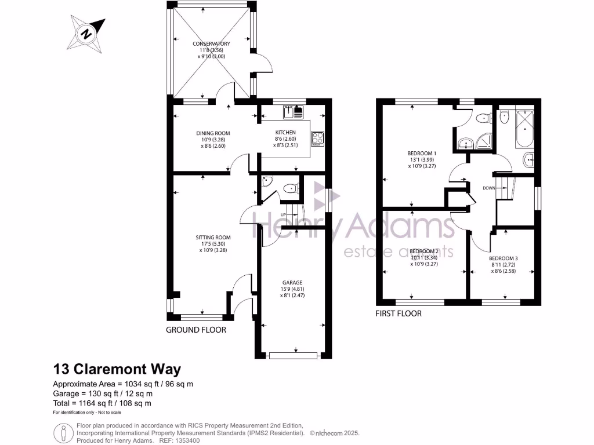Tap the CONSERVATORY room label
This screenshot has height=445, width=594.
point(212,44)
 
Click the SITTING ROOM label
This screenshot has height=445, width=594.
point(213,237)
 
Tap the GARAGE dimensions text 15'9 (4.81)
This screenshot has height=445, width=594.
point(296,289)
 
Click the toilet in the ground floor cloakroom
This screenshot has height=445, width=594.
point(290,188)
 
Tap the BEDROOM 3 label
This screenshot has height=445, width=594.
point(503,258)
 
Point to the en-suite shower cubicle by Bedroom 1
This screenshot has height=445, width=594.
point(483,142)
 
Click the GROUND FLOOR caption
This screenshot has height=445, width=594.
point(196,330)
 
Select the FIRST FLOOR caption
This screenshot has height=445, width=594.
point(399,313)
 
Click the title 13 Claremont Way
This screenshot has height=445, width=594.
point(117,369)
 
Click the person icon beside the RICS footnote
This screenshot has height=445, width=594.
point(62,433)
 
